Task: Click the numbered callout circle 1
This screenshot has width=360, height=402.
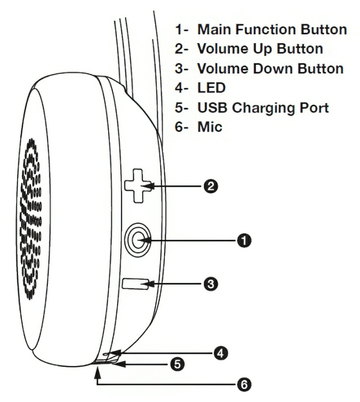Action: tap(244, 240)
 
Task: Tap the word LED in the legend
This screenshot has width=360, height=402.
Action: tap(211, 88)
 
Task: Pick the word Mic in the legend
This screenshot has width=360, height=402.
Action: tap(210, 128)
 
